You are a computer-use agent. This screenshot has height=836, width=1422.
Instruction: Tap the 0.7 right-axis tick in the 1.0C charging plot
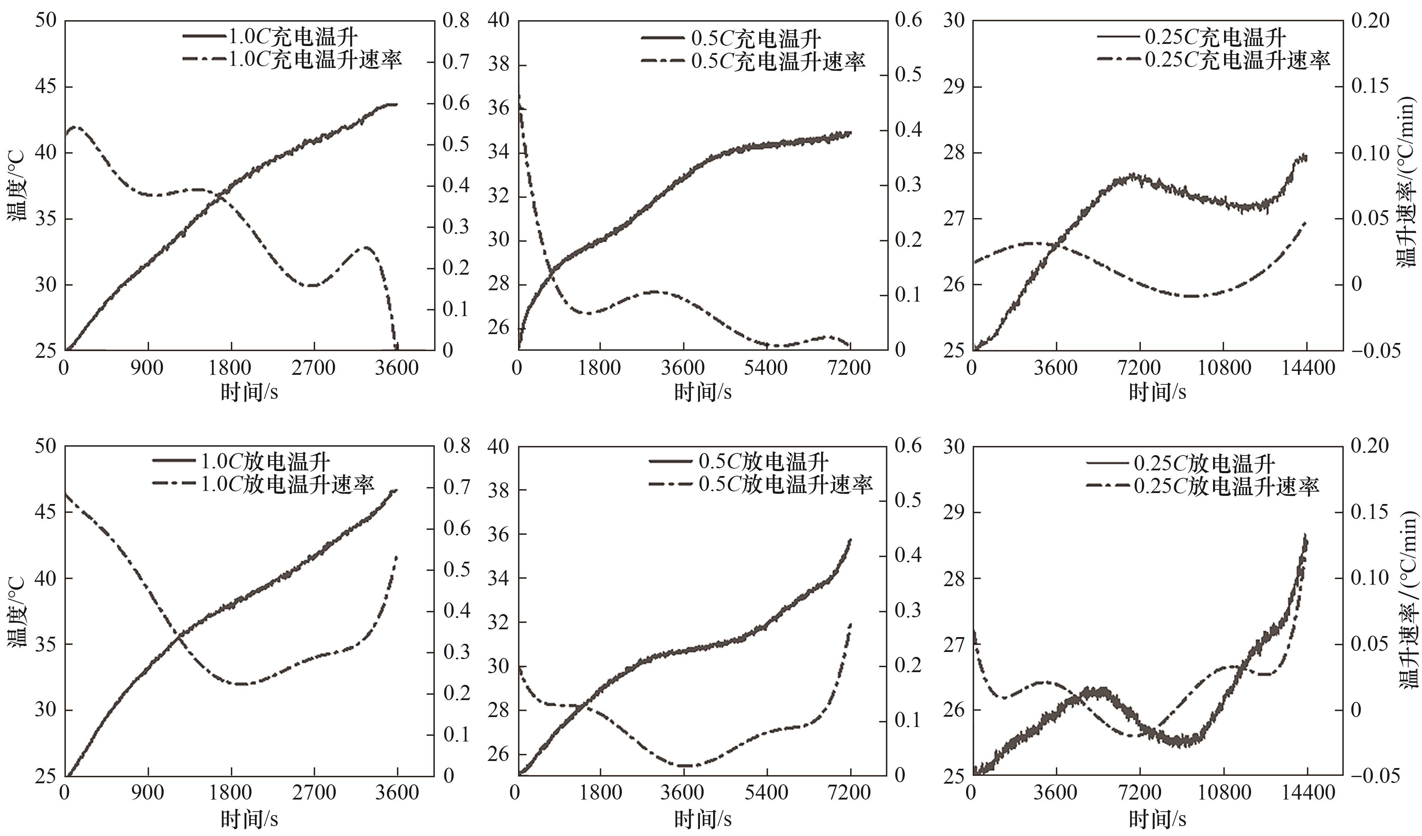(x=456, y=62)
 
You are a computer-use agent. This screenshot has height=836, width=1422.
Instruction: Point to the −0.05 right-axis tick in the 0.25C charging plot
(x=1375, y=351)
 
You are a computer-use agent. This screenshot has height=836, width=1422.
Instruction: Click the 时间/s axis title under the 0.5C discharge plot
(x=703, y=819)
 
